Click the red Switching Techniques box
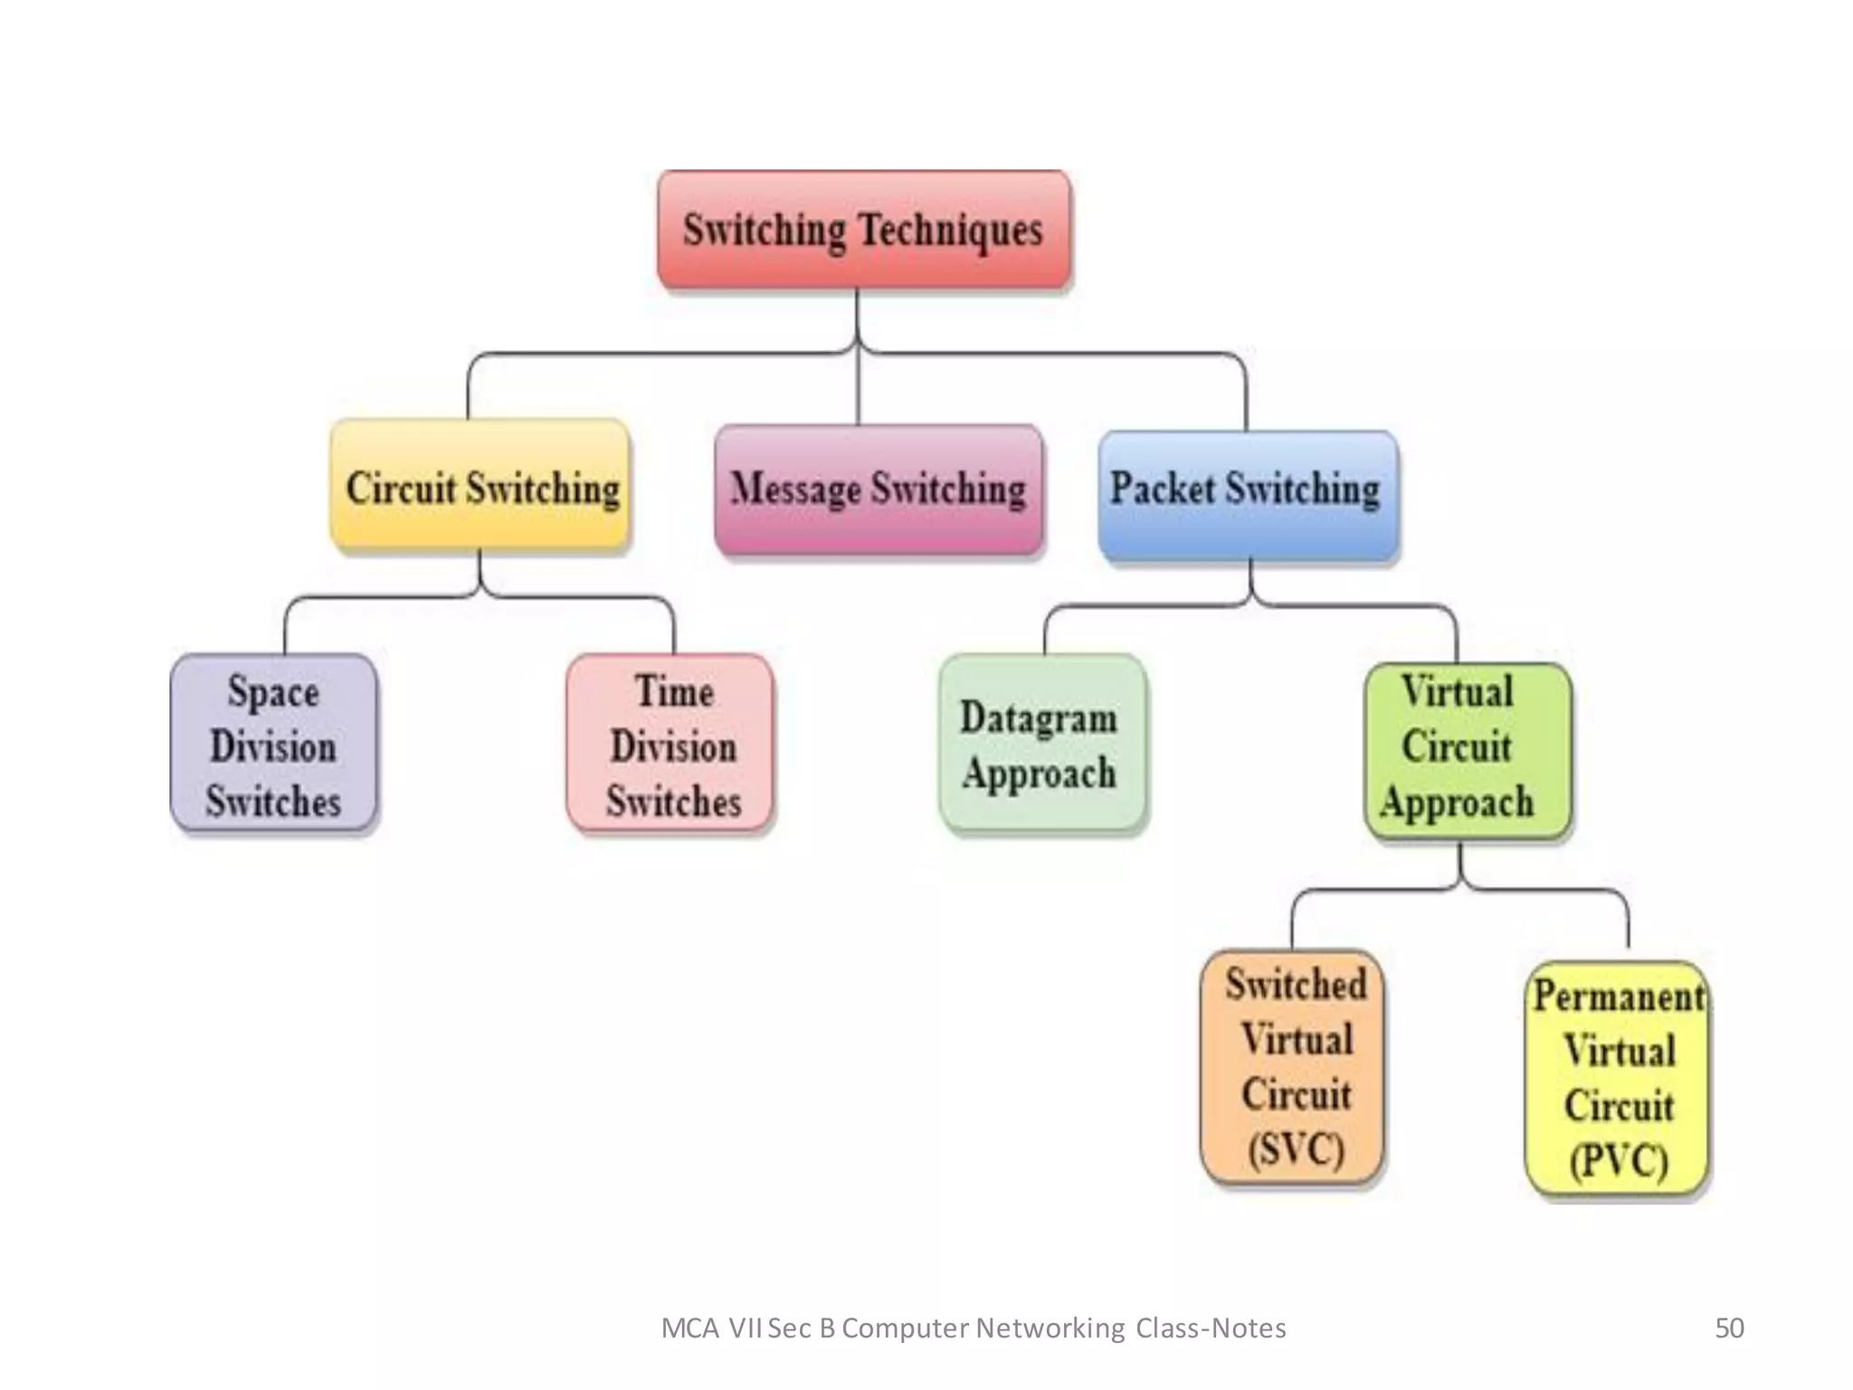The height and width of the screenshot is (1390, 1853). [x=864, y=230]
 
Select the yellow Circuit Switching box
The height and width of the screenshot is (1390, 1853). [x=480, y=486]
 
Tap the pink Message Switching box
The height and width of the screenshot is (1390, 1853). [x=878, y=489]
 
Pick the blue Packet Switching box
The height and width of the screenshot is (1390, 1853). [x=1247, y=493]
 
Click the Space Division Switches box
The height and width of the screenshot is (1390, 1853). [x=273, y=744]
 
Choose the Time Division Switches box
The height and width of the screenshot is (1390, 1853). [x=670, y=744]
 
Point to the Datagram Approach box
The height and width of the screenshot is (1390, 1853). [x=1041, y=744]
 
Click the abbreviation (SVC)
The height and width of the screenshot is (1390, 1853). [x=1296, y=1149]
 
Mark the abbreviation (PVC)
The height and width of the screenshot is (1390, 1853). [x=1618, y=1161]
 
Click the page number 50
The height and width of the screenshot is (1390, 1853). [x=1729, y=1328]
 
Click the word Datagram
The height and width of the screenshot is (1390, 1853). [x=1039, y=718]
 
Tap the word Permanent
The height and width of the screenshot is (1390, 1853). [x=1618, y=996]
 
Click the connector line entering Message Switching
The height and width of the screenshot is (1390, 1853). [x=857, y=389]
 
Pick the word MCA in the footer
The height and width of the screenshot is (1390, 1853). [x=689, y=1328]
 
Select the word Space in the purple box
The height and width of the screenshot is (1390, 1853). [x=273, y=692]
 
